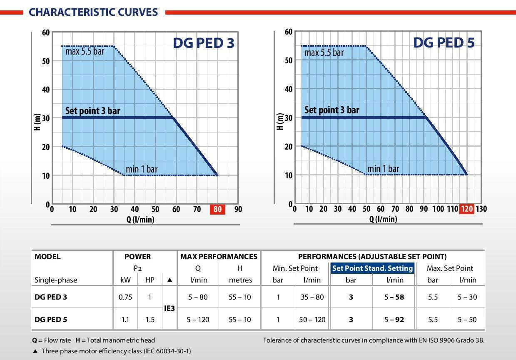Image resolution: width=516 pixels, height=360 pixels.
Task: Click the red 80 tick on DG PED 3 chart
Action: coord(217,209)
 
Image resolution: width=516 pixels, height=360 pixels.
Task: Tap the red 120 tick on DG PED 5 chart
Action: coord(466,209)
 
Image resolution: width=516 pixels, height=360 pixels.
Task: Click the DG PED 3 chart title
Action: coord(203,43)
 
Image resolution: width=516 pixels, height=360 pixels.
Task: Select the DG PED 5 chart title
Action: coord(444,42)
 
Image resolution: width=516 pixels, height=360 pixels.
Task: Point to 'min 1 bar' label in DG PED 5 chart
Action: coord(383,169)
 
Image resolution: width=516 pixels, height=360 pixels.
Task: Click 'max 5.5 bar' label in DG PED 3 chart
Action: coord(85,52)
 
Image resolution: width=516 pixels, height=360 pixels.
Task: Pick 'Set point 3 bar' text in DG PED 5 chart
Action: coord(332,110)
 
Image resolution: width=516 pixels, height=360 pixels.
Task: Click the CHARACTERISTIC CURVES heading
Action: coord(93,12)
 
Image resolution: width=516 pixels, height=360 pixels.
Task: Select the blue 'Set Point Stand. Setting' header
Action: coord(372,268)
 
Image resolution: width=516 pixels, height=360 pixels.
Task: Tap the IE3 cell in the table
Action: coord(170,308)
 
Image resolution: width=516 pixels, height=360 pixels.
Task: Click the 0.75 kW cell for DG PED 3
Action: coord(125,297)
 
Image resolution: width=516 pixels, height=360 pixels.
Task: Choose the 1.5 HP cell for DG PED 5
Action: coord(150,320)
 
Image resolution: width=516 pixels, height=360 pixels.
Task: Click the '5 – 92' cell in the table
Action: coord(394,320)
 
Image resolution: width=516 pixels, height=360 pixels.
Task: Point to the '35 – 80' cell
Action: coord(312,297)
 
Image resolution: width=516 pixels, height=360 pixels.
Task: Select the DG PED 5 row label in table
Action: coord(51,320)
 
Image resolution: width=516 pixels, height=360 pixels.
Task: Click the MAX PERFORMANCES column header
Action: coord(219,257)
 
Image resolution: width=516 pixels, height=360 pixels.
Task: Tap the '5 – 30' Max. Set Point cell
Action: coord(467,297)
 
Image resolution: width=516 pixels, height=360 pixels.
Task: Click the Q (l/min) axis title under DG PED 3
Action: coord(140,220)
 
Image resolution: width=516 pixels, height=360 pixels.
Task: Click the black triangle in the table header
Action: coord(170,280)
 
